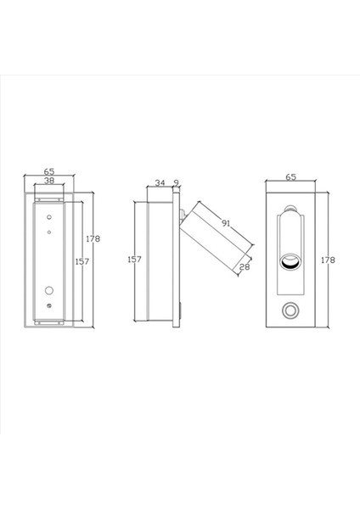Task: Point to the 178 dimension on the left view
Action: [x=93, y=239]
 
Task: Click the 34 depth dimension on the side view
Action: [x=160, y=183]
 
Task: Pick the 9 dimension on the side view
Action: [x=176, y=183]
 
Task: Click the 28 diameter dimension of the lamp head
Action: [x=244, y=268]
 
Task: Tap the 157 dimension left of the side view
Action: [x=133, y=260]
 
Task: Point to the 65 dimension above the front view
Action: [x=290, y=178]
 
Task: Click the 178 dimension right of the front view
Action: [x=329, y=260]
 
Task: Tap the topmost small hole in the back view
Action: [x=50, y=215]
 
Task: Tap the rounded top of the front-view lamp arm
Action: [x=290, y=210]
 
